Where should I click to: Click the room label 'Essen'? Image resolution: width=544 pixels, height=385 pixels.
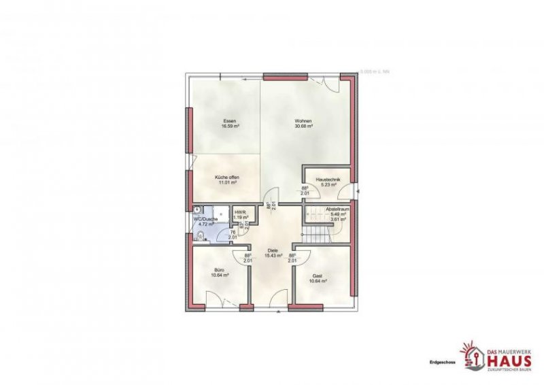[x=229, y=121]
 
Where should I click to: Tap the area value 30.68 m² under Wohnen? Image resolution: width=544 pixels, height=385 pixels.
[x=303, y=127]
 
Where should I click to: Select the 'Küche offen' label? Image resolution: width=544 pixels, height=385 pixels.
[x=227, y=177]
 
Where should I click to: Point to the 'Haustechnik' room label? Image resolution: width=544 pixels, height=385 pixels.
[x=328, y=180]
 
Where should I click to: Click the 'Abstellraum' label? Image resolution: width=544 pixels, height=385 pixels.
[x=337, y=209]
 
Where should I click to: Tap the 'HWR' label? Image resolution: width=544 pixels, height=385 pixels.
[x=239, y=212]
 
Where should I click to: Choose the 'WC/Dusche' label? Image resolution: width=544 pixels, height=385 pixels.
[x=205, y=218]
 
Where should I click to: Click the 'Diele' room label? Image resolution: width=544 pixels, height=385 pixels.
[x=273, y=250]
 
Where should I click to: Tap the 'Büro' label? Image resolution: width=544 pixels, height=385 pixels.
[x=220, y=270]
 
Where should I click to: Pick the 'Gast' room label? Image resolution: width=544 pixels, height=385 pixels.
[x=318, y=276]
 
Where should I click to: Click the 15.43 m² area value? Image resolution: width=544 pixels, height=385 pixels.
[x=273, y=256]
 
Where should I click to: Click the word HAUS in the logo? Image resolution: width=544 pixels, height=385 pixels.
[x=507, y=360]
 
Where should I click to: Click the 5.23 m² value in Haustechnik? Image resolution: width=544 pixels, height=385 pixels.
[x=328, y=185]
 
